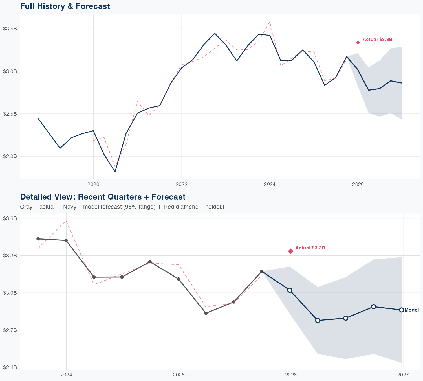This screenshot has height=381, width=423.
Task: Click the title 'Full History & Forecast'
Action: coord(65,6)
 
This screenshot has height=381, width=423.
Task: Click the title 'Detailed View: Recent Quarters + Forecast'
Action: coord(103,197)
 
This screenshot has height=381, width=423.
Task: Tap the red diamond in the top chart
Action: coord(358,43)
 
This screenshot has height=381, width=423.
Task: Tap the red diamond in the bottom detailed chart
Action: coord(291,251)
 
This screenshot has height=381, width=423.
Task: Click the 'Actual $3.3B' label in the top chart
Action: coord(377,39)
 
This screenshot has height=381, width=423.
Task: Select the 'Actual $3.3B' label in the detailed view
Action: coord(310,248)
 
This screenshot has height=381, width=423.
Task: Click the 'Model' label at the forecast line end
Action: coord(412,310)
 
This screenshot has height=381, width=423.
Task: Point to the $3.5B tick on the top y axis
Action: coord(10,29)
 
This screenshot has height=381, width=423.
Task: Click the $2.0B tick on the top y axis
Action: coord(10,156)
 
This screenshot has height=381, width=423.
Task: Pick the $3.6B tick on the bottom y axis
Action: coord(10,218)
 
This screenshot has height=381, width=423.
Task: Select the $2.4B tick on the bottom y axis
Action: coord(10,367)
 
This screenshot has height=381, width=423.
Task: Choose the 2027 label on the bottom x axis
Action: coord(403,375)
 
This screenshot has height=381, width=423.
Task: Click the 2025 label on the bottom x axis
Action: coord(179,375)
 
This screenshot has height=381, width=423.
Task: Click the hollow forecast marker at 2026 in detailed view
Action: coord(290,290)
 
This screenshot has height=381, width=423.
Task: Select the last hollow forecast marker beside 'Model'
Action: coord(402,310)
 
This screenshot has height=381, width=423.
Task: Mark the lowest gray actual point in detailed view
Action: coord(206,313)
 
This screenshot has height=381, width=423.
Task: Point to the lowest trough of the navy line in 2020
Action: coord(115,172)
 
